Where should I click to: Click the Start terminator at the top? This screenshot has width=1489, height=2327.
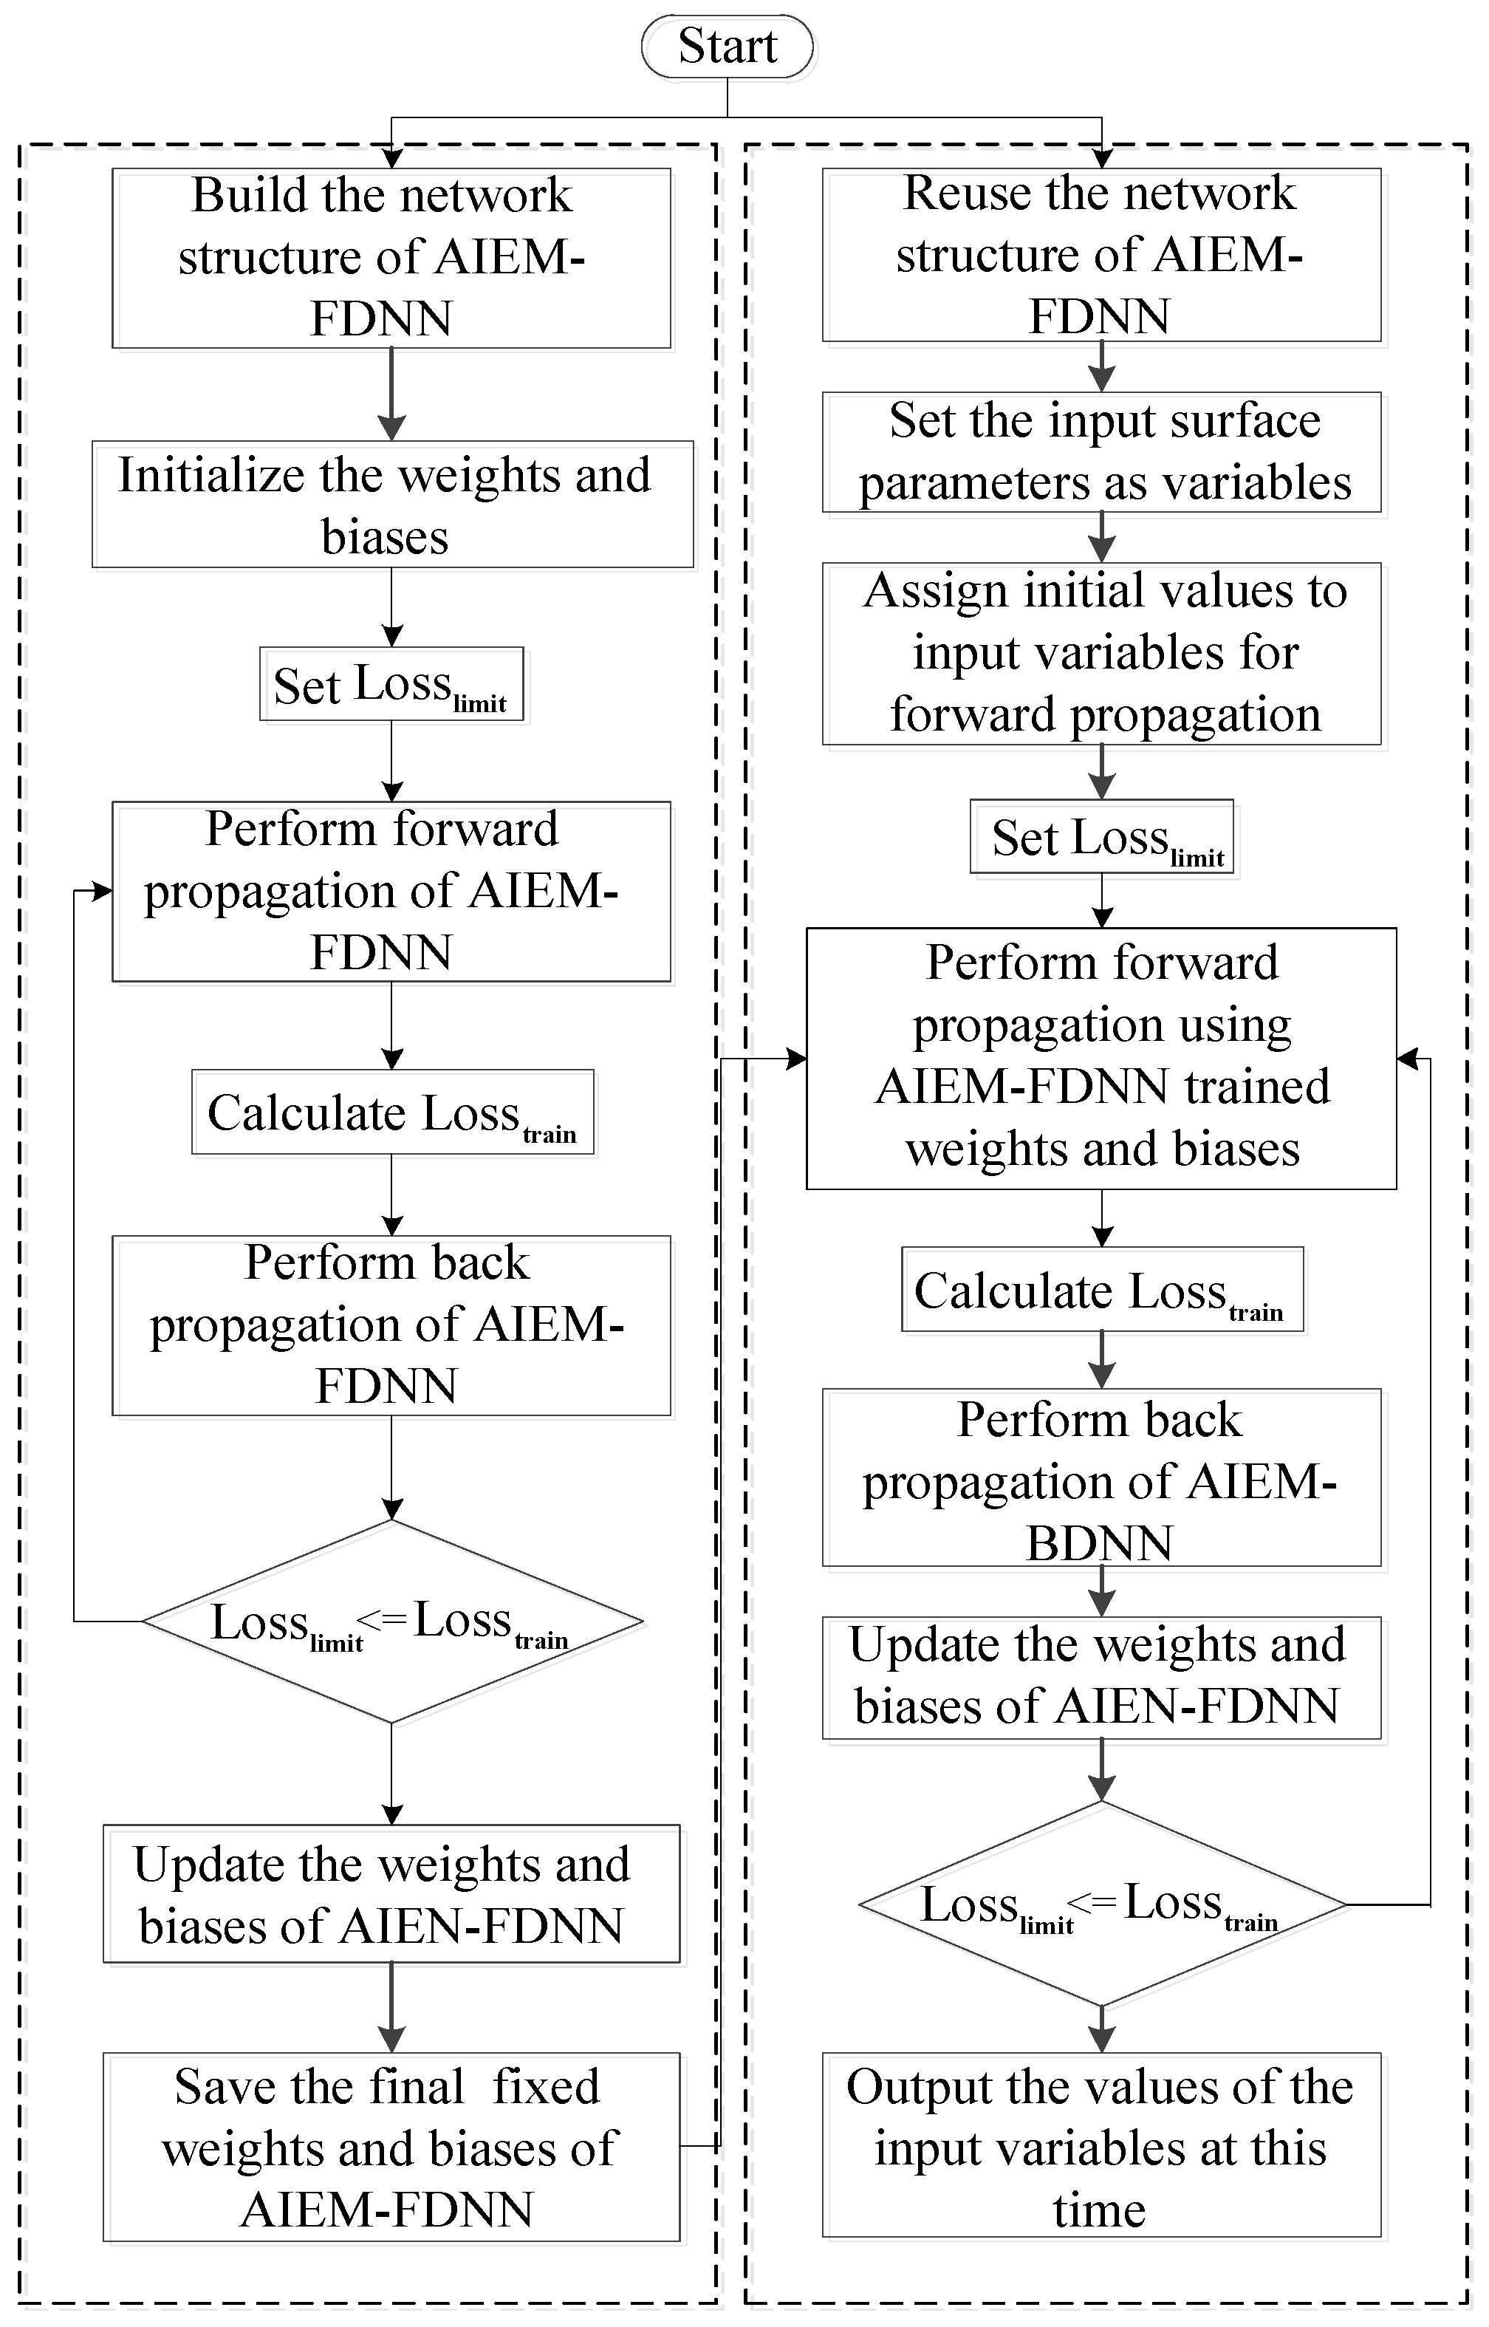click(x=727, y=47)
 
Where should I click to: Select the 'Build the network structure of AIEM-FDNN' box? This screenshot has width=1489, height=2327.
click(x=391, y=258)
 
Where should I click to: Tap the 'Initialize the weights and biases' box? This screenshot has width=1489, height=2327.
click(x=392, y=505)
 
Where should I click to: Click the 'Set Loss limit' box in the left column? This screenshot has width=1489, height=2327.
click(x=391, y=683)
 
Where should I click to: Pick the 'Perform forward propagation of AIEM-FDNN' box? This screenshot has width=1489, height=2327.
click(x=391, y=892)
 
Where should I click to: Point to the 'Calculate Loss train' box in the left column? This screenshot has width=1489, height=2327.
click(x=392, y=1112)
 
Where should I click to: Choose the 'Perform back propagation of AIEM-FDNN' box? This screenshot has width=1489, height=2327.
click(x=391, y=1325)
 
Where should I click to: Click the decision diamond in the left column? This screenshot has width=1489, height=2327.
click(x=392, y=1622)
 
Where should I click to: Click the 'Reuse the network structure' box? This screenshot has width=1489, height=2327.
click(x=1101, y=255)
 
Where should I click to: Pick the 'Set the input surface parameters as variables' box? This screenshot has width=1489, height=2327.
click(x=1101, y=451)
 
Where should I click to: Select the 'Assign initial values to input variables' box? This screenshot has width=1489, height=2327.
click(x=1101, y=654)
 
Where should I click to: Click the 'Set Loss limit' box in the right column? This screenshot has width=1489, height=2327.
click(x=1102, y=836)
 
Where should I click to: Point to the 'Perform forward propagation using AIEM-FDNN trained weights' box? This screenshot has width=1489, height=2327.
click(x=1101, y=1059)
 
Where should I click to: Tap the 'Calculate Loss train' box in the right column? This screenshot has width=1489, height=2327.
click(x=1102, y=1291)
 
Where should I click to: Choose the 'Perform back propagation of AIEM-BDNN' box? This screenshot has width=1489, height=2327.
click(x=1101, y=1477)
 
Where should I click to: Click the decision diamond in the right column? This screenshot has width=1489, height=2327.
click(x=1102, y=1904)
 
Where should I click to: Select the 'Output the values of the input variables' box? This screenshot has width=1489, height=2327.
click(x=1101, y=2145)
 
